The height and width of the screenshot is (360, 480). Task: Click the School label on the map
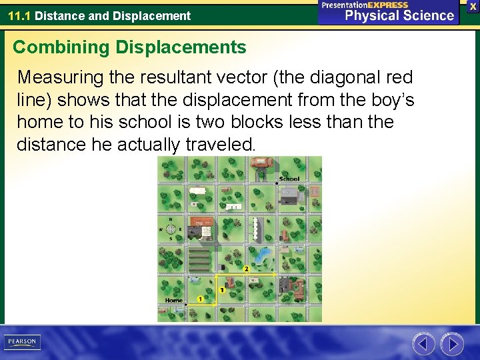[289, 179]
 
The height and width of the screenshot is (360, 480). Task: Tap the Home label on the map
[174, 301]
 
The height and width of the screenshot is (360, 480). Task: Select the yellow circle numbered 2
[247, 269]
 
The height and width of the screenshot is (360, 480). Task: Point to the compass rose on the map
[171, 228]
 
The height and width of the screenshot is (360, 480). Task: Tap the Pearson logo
[22, 342]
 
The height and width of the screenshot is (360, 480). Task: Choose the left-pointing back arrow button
[423, 344]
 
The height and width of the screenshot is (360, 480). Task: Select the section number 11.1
[19, 16]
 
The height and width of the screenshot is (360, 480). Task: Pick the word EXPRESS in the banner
[383, 5]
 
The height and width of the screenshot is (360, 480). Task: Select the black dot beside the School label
[277, 181]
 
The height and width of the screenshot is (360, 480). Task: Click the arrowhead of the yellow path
[275, 274]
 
